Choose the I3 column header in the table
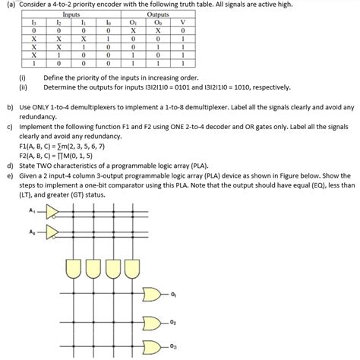33,22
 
